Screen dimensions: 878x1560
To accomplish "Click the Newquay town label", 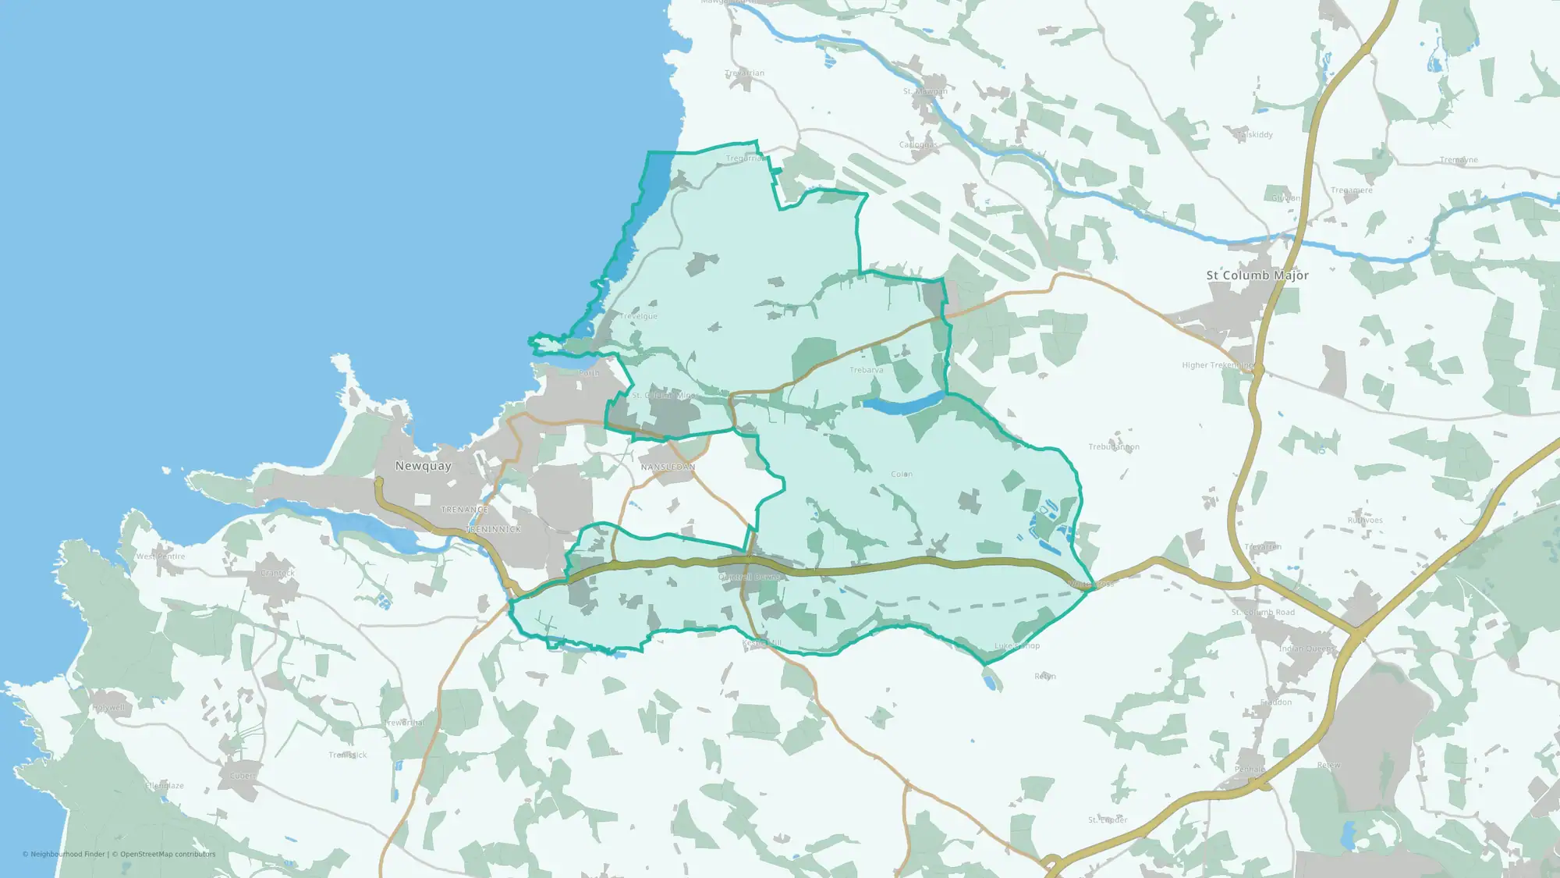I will [423, 466].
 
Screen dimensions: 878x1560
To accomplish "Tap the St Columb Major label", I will [1257, 275].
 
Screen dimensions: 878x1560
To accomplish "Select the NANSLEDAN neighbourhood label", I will [668, 467].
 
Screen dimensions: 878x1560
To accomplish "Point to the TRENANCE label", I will [464, 510].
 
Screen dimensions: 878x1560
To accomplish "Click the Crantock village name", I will [278, 573].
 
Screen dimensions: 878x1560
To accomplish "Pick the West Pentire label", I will [161, 556].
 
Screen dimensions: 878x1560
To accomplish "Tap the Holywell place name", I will [108, 708].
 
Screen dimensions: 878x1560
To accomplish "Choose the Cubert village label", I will [242, 776].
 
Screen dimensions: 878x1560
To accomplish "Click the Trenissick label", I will [348, 755].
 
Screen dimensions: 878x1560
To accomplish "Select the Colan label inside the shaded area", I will [902, 474].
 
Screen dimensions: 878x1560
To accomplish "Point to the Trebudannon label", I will [1114, 447].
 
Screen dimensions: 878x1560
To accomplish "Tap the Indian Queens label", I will [1307, 649].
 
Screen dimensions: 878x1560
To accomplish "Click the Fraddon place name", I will [1276, 702].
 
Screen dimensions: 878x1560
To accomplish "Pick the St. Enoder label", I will [1108, 820].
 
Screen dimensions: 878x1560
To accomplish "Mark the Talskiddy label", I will [1255, 135].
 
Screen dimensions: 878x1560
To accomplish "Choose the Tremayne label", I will [1459, 160].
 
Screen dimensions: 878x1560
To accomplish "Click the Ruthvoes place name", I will [1365, 521].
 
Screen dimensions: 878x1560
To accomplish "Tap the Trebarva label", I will [867, 370].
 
